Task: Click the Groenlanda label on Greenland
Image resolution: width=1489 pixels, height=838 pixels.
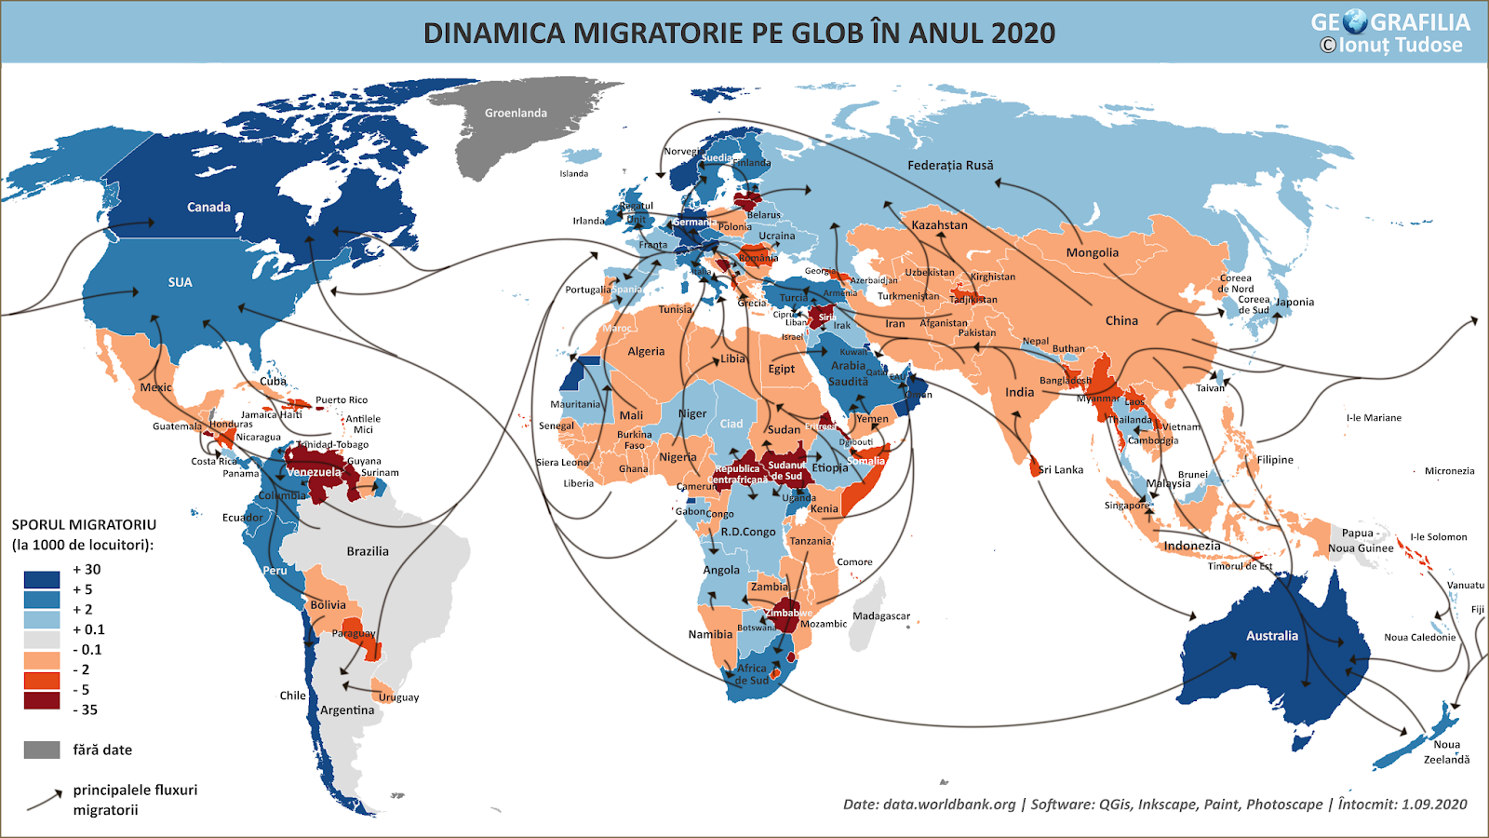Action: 516,114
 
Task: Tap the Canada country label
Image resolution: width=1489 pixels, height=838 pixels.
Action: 208,208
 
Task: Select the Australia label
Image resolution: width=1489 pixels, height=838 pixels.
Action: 1271,636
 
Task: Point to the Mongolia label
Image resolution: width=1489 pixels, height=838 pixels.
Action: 1092,253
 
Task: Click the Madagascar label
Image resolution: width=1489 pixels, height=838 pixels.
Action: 880,616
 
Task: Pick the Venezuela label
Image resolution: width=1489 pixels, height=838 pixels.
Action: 314,472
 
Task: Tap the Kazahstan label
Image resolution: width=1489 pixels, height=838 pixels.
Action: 939,225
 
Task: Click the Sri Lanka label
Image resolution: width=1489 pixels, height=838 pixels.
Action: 1061,470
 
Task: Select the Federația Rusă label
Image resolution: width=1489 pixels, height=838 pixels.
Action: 950,166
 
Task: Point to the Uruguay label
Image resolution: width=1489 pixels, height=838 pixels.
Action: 398,697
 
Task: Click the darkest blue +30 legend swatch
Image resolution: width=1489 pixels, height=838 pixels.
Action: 42,579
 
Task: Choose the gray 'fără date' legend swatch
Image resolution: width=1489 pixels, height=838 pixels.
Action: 42,750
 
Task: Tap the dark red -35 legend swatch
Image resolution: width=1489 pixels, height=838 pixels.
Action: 42,700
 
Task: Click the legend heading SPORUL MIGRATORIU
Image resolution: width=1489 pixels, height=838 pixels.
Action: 84,525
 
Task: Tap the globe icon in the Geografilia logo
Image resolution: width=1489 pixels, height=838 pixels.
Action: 1355,21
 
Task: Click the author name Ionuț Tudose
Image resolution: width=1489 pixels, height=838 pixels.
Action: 1400,46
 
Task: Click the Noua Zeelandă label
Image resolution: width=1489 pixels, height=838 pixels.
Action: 1446,752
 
